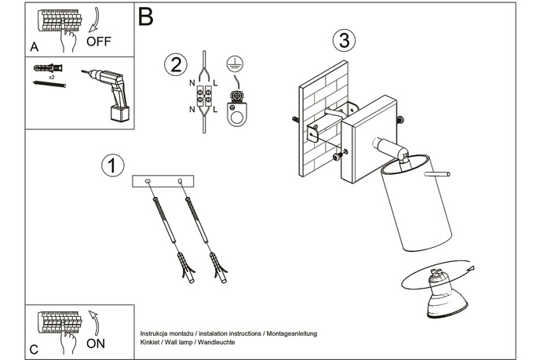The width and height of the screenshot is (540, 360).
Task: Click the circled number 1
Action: pyautogui.click(x=113, y=165)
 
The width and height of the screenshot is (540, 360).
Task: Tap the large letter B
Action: pyautogui.click(x=144, y=16)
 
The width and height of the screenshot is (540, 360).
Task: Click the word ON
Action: pyautogui.click(x=96, y=344)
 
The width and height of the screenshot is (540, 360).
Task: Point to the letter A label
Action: pyautogui.click(x=35, y=47)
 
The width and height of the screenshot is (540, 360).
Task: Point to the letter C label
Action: pyautogui.click(x=34, y=349)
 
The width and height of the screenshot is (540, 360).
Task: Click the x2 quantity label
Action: pyautogui.click(x=52, y=78)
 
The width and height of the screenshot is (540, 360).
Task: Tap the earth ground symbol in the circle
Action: pyautogui.click(x=232, y=64)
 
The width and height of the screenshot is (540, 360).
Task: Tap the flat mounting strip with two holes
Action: pyautogui.click(x=164, y=182)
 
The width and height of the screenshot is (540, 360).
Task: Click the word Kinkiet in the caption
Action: pyautogui.click(x=151, y=344)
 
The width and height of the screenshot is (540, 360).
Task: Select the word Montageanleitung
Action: pyautogui.click(x=290, y=334)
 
